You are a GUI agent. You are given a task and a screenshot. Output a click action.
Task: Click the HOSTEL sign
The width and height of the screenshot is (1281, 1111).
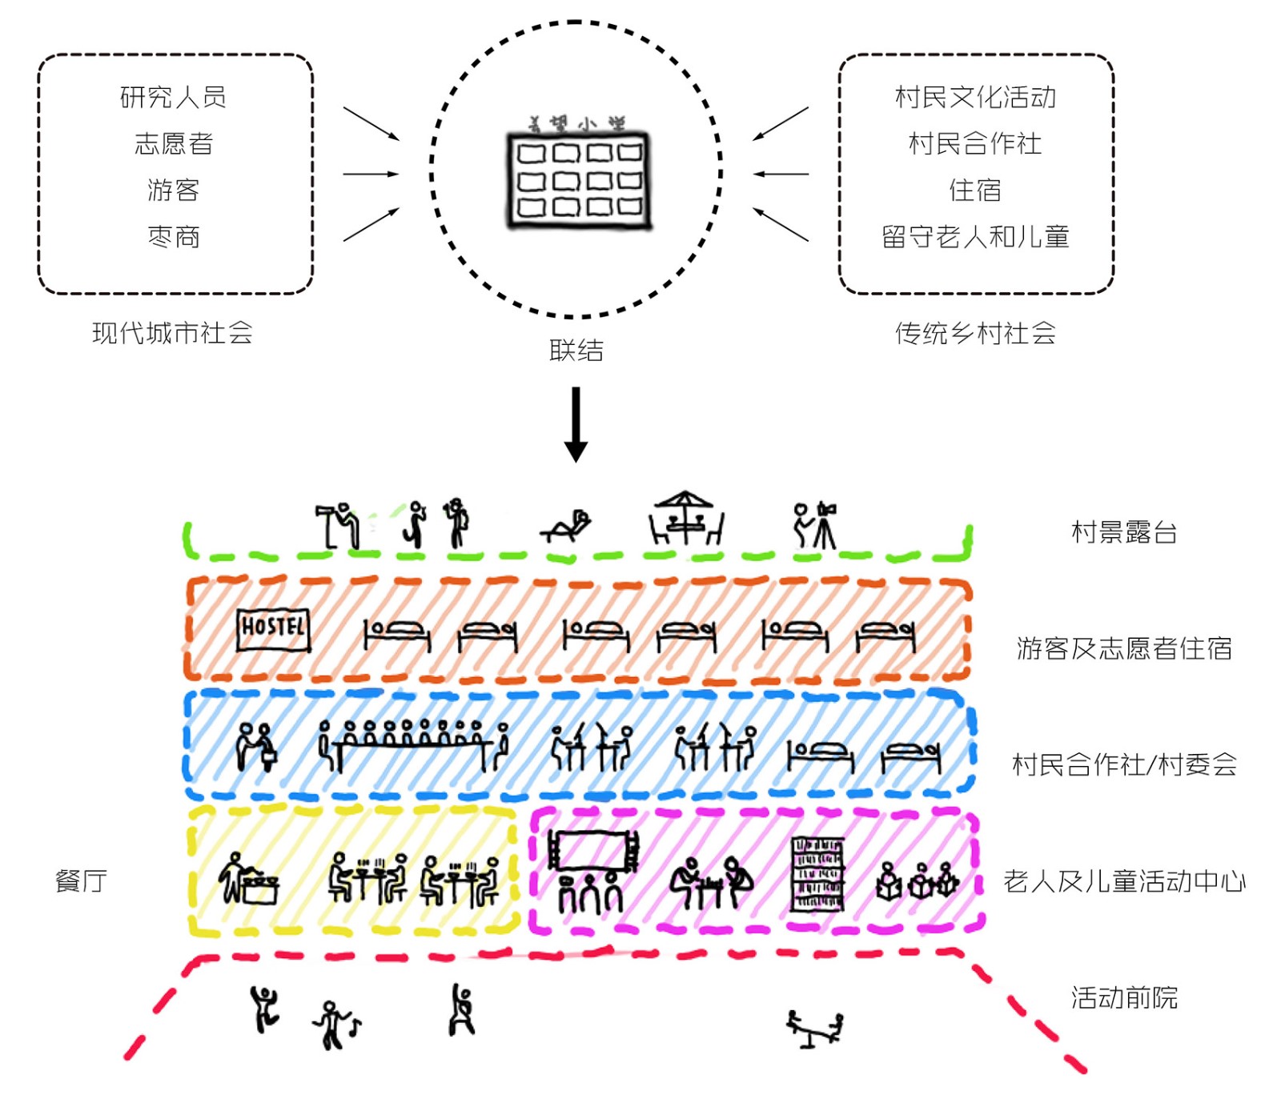point(273,629)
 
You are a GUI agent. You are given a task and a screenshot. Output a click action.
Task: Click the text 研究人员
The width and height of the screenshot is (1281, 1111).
point(173,98)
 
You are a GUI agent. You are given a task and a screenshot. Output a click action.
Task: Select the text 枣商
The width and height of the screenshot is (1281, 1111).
point(173,237)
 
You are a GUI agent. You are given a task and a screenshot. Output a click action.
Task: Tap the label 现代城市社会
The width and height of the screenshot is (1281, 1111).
point(173,333)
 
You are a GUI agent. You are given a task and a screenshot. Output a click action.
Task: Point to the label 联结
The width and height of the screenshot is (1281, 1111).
point(576,351)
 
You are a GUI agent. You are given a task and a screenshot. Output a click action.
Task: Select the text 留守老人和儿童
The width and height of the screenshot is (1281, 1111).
point(975,237)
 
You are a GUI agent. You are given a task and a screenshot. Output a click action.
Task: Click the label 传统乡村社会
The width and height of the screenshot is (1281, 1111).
point(975,333)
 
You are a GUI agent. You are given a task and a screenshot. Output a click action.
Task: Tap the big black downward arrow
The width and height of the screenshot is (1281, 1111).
point(576,424)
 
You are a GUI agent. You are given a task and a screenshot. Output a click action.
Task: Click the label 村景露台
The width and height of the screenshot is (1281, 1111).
point(1124,532)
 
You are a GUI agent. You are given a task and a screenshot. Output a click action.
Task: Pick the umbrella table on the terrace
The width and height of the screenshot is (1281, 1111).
point(685,518)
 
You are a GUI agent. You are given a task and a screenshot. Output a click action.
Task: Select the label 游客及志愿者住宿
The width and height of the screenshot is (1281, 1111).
point(1124,648)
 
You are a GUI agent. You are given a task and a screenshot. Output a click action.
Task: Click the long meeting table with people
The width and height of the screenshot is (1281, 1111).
point(413,744)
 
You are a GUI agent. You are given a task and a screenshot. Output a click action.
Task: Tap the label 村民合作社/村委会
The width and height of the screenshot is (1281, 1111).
point(1124,765)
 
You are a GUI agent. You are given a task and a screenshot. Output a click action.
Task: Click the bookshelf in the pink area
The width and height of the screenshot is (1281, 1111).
point(817,874)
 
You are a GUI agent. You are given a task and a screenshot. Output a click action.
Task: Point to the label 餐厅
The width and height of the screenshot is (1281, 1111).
point(81,881)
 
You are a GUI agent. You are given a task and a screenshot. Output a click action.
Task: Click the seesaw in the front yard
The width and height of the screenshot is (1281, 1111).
point(815,1029)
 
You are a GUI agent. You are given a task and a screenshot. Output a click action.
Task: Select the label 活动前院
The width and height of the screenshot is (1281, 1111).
point(1124,998)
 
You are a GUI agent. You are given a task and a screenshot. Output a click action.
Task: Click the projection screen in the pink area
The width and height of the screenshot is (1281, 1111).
point(593,851)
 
